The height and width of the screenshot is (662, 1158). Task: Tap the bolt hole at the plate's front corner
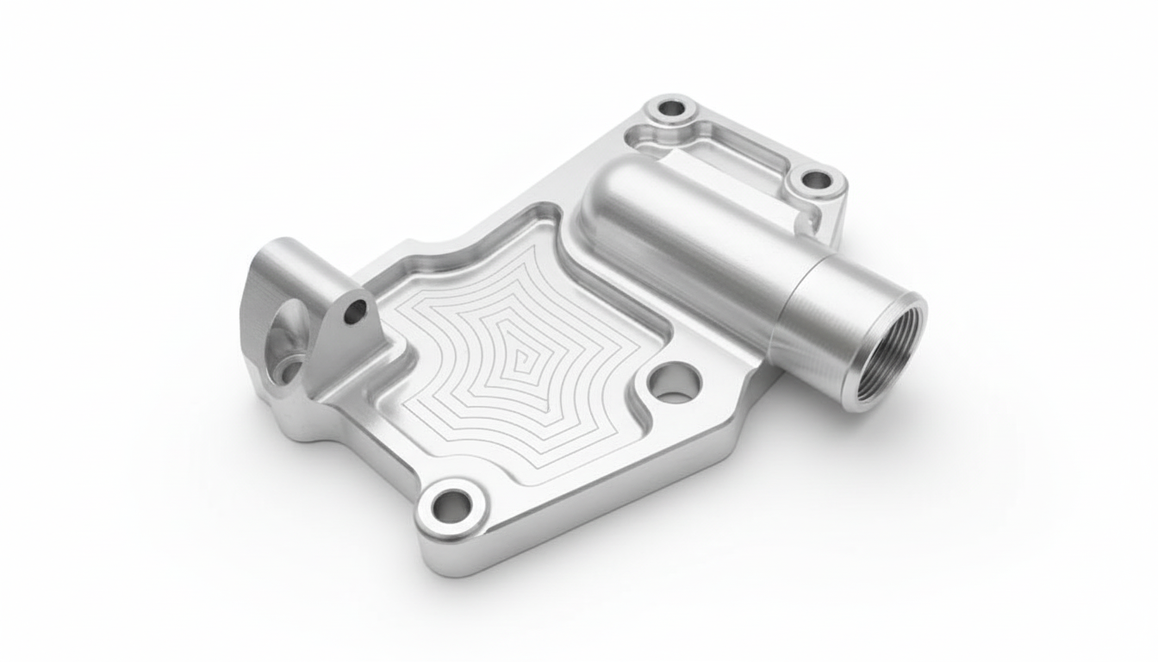click(x=451, y=506)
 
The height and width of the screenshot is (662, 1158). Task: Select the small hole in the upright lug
click(x=354, y=314)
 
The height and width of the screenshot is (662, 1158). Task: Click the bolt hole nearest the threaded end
click(x=814, y=181)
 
